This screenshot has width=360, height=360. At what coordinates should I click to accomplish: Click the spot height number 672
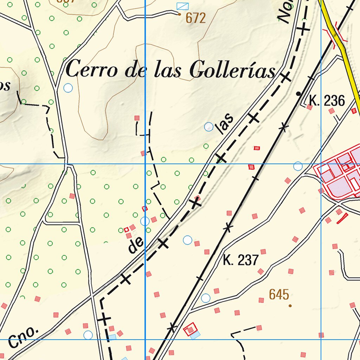click(x=195, y=18)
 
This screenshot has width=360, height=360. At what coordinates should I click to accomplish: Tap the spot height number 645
click(x=279, y=295)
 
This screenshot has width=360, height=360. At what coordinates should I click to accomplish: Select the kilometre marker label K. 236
click(x=327, y=101)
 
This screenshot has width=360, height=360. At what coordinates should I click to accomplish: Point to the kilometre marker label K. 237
click(x=241, y=261)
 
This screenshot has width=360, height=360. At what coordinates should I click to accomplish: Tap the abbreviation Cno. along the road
click(x=23, y=336)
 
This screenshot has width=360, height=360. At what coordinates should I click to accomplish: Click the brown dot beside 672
click(x=179, y=14)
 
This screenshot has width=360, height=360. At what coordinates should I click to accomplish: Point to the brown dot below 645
click(x=290, y=306)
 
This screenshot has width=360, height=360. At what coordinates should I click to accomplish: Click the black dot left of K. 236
click(x=298, y=94)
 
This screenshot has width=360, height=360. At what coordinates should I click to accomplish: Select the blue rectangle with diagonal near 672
click(x=182, y=6)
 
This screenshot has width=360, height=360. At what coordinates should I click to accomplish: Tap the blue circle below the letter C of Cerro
click(x=68, y=88)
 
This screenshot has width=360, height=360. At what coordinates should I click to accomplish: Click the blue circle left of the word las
click(x=209, y=127)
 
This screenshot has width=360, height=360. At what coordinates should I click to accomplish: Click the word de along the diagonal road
click(x=136, y=245)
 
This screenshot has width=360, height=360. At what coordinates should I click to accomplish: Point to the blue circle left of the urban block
click(x=298, y=166)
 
